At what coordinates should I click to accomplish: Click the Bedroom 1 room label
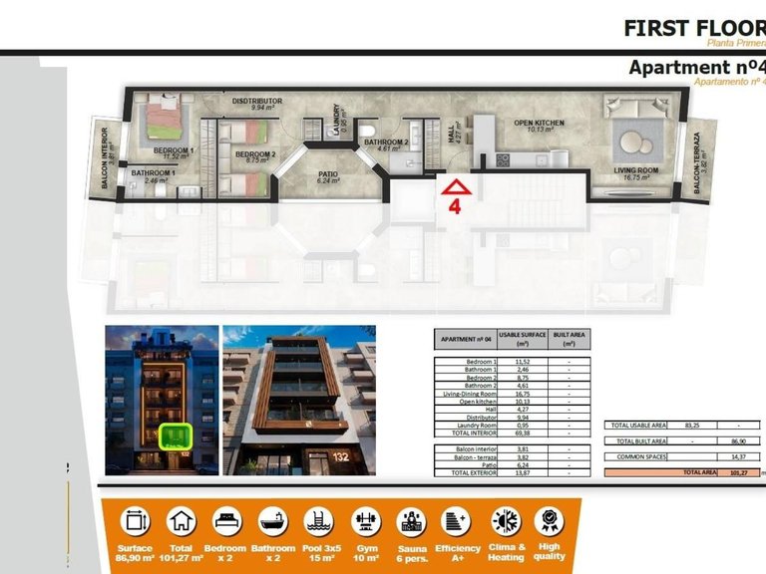174,150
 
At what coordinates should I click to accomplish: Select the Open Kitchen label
539,123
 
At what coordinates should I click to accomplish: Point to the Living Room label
635,170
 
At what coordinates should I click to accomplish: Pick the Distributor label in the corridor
257,101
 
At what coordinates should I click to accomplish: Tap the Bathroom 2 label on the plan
386,143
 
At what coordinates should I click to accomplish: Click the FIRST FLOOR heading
693,27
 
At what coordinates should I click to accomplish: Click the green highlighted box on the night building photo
176,435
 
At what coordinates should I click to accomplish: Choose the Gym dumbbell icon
364,521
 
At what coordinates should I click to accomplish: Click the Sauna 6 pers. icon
410,521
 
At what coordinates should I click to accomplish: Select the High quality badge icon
549,521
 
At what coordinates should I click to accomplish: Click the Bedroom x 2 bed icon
226,521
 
